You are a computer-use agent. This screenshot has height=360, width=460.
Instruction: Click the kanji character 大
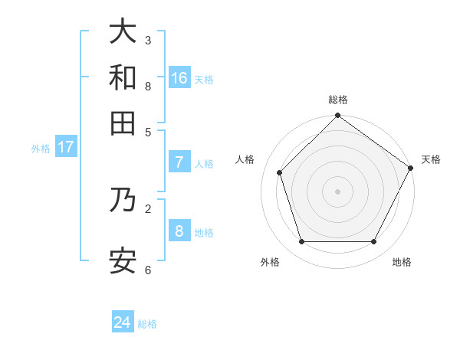point(123,32)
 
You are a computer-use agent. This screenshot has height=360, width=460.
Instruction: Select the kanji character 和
point(123,77)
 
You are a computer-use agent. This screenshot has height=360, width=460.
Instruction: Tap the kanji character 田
point(123,123)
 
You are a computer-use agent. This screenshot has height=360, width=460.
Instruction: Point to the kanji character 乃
point(123,199)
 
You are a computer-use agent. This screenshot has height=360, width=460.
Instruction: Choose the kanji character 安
point(123,260)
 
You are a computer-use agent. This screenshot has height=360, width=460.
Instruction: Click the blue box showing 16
point(179,78)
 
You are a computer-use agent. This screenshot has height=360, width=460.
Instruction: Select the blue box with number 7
point(179,162)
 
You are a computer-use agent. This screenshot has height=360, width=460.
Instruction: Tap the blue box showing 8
point(179,231)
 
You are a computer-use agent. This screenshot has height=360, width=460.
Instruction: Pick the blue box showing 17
point(65,147)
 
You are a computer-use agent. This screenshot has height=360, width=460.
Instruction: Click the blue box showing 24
point(123,322)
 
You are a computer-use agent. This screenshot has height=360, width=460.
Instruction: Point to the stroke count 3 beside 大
point(148,40)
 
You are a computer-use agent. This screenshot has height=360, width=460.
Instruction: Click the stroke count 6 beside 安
point(148,270)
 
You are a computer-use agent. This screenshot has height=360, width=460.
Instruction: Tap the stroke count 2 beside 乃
point(148,208)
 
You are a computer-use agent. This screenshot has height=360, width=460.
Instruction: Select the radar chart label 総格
point(338,100)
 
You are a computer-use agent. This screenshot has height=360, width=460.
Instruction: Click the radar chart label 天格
point(431,159)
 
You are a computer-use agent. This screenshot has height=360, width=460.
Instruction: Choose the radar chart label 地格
point(402,262)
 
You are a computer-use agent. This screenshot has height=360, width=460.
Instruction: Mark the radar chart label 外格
point(270,262)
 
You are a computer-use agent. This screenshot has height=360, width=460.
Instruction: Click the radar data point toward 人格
point(280,172)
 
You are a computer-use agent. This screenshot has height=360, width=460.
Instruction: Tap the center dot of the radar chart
point(337,191)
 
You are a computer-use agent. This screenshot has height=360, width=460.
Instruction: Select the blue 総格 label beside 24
point(147,324)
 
